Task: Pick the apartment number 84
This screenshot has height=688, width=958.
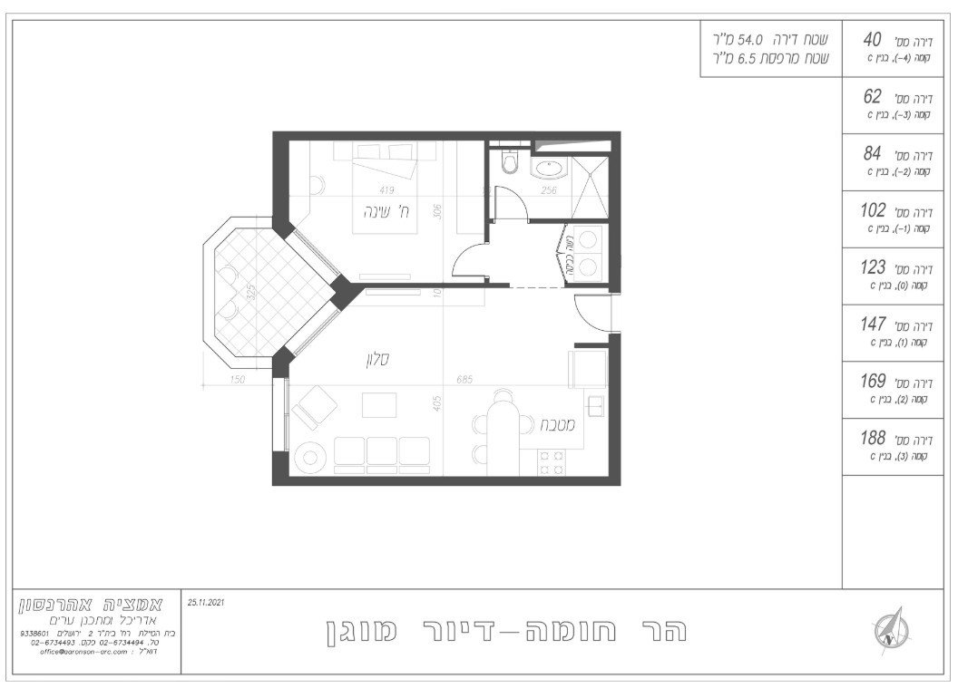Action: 872,154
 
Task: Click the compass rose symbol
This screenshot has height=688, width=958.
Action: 887,628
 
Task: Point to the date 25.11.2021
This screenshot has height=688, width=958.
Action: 206,601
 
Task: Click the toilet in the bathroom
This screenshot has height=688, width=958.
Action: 508,162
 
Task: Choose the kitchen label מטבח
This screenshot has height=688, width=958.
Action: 553,423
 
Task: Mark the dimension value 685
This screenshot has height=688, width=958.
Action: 465,381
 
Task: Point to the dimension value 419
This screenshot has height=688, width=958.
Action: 386,190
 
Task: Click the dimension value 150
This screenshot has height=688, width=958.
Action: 238,381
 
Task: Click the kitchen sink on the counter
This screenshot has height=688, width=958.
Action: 596,405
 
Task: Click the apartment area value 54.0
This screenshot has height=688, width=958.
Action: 750,41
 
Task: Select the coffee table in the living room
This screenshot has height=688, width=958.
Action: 379,403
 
